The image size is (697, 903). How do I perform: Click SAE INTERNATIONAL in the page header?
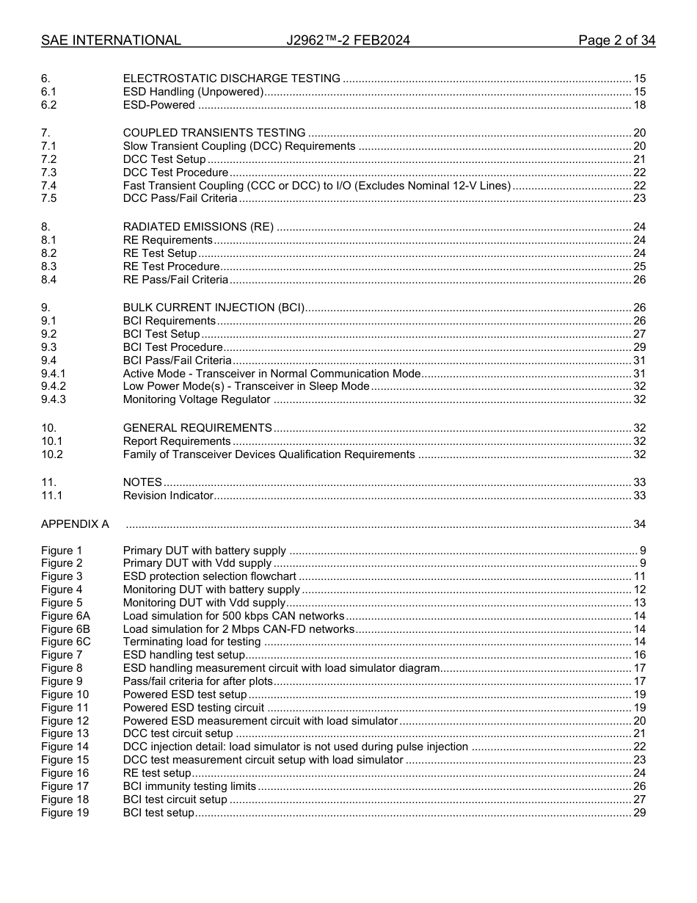pyautogui.click(x=111, y=40)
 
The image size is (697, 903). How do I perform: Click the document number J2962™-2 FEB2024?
pyautogui.click(x=348, y=40)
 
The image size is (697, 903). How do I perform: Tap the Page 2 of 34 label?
pyautogui.click(x=616, y=40)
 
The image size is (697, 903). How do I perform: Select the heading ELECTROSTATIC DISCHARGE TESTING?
pyautogui.click(x=231, y=79)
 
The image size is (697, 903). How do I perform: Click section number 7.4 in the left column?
pyautogui.click(x=49, y=186)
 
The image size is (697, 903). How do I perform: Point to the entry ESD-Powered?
pyautogui.click(x=158, y=105)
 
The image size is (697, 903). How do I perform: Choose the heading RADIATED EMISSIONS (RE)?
pyautogui.click(x=198, y=227)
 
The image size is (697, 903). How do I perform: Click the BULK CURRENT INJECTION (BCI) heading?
pyautogui.click(x=214, y=308)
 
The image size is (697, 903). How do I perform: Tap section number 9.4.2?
pyautogui.click(x=54, y=386)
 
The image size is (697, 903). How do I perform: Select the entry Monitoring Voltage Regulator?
pyautogui.click(x=197, y=399)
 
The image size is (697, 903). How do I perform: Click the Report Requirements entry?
pyautogui.click(x=177, y=441)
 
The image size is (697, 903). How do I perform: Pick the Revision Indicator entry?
pyautogui.click(x=168, y=496)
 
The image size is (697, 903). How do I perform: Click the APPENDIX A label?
pyautogui.click(x=75, y=524)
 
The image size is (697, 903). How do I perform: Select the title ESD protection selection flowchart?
pyautogui.click(x=209, y=576)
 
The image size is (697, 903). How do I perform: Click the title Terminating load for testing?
pyautogui.click(x=191, y=642)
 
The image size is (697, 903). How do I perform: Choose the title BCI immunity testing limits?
pyautogui.click(x=189, y=786)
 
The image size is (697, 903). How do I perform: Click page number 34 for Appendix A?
pyautogui.click(x=639, y=524)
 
